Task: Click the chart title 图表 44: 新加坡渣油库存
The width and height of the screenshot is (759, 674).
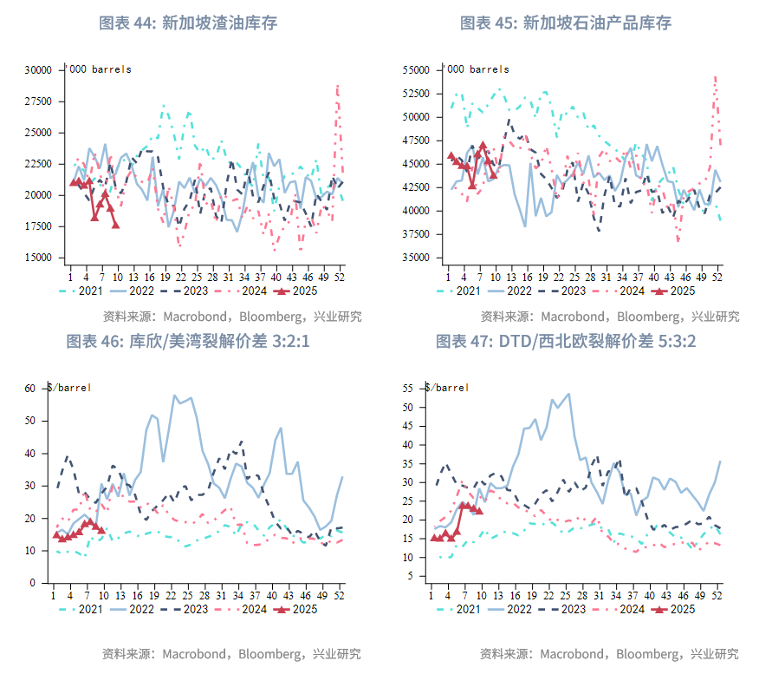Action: [x=188, y=23]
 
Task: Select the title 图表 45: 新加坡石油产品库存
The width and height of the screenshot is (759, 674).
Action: [x=566, y=23]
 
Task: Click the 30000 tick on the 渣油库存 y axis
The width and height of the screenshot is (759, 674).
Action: [x=39, y=70]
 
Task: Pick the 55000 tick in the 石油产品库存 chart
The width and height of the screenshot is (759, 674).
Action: [x=417, y=69]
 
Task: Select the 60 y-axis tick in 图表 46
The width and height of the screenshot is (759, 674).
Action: [x=30, y=389]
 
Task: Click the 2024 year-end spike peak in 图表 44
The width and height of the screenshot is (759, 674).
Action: [x=337, y=85]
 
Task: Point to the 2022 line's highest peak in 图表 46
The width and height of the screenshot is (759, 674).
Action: [x=174, y=396]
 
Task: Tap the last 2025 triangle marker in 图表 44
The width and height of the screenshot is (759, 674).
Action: [x=116, y=225]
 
